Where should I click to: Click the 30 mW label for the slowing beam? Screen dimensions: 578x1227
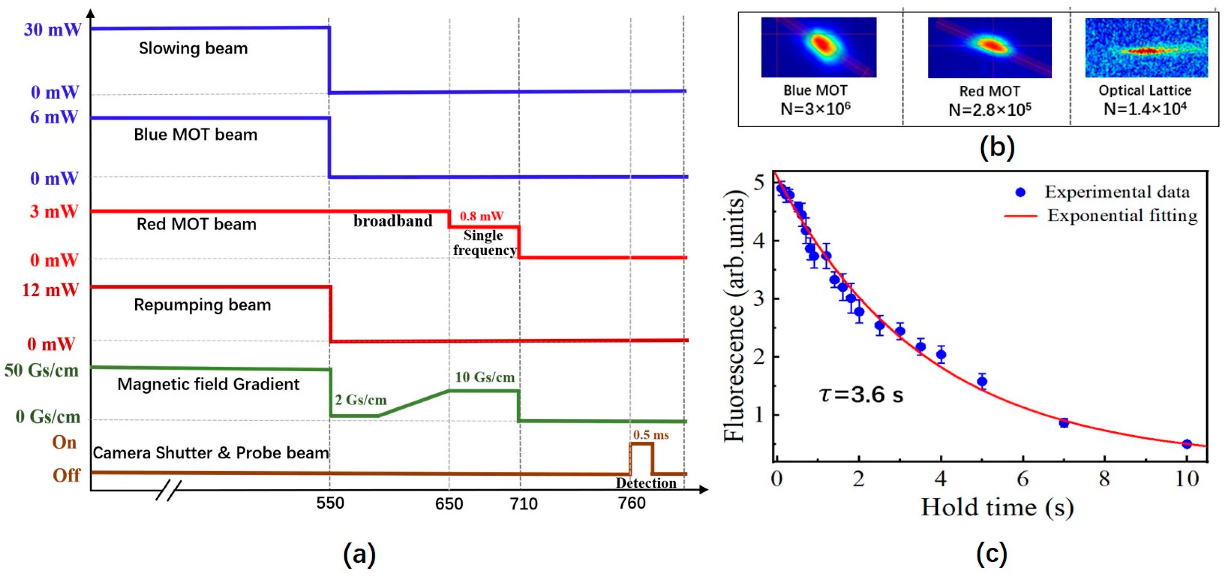coord(52,29)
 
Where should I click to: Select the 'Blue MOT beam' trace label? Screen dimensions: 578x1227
coord(195,135)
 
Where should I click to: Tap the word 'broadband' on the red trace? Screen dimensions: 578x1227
coord(392,221)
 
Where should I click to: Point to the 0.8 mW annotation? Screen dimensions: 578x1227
coord(481,216)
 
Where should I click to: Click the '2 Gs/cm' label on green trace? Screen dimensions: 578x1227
coord(360,400)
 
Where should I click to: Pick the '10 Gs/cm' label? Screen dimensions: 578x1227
coord(484,377)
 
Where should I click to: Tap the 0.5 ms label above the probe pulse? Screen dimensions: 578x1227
coord(650,435)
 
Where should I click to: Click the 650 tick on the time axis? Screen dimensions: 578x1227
coord(449,503)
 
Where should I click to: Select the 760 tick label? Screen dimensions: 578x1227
coord(631,503)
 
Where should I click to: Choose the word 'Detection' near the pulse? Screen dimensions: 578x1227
coord(646,483)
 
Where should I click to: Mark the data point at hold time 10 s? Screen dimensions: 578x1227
coord(1186,444)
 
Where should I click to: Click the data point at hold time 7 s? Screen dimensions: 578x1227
coord(1064,422)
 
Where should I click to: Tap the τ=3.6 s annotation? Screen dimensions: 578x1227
coord(861,395)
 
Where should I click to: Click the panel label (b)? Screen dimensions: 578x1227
coord(997,147)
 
